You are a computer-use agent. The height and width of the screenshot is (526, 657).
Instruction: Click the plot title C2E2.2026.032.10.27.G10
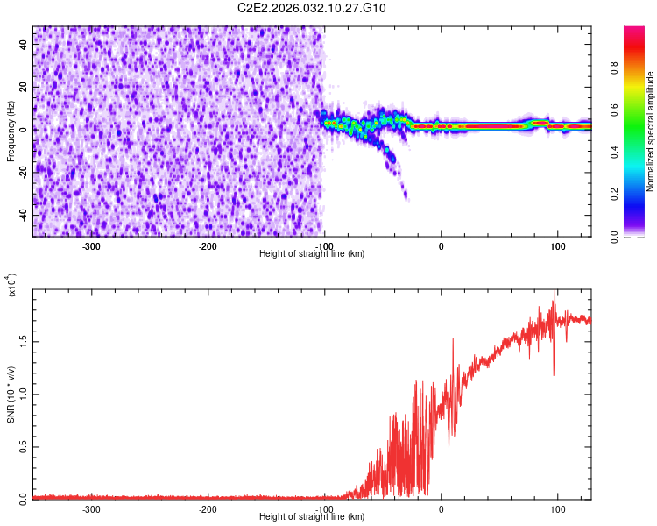tap(312, 8)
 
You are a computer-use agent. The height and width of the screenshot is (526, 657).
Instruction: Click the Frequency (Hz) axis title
tap(11, 131)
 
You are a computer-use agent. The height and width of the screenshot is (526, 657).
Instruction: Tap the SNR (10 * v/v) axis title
tap(11, 394)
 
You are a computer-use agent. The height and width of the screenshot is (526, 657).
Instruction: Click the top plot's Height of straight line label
tap(312, 253)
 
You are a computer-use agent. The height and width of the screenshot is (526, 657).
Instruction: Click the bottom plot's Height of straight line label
tap(312, 516)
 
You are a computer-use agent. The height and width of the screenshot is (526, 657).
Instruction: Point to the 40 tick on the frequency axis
tap(25, 46)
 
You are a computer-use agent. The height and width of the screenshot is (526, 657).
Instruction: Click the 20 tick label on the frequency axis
tap(25, 88)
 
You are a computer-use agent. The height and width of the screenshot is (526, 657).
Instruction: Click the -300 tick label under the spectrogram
tap(92, 246)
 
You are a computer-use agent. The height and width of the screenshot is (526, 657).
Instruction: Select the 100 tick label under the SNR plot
tap(557, 509)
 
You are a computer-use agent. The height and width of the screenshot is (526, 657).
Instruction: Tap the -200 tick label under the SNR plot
tap(208, 509)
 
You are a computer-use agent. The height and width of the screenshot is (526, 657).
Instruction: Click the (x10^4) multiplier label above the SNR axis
tap(11, 285)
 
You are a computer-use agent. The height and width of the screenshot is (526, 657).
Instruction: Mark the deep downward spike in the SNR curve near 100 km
tap(554, 374)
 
